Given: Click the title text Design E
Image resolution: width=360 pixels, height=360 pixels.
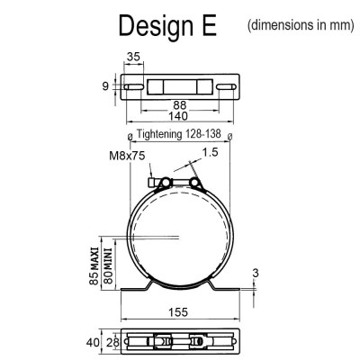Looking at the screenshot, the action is [x=167, y=26].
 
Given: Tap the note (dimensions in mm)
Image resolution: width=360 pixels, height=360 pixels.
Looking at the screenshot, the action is [x=301, y=25].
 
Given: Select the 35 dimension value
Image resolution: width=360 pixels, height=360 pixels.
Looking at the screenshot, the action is [x=133, y=57].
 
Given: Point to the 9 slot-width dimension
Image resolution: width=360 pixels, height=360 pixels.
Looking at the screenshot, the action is [x=105, y=86].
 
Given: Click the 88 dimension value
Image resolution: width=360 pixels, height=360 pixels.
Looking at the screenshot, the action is [x=180, y=105].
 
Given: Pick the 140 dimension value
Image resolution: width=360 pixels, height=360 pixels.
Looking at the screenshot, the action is [x=178, y=116].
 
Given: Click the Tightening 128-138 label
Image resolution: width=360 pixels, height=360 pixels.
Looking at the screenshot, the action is [x=179, y=134].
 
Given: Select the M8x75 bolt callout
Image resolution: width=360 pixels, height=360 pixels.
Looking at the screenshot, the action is [x=127, y=156].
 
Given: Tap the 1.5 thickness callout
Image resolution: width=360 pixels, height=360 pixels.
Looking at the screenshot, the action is [x=210, y=152].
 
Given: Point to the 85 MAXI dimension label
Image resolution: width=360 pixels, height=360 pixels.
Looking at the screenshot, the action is [x=94, y=265].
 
